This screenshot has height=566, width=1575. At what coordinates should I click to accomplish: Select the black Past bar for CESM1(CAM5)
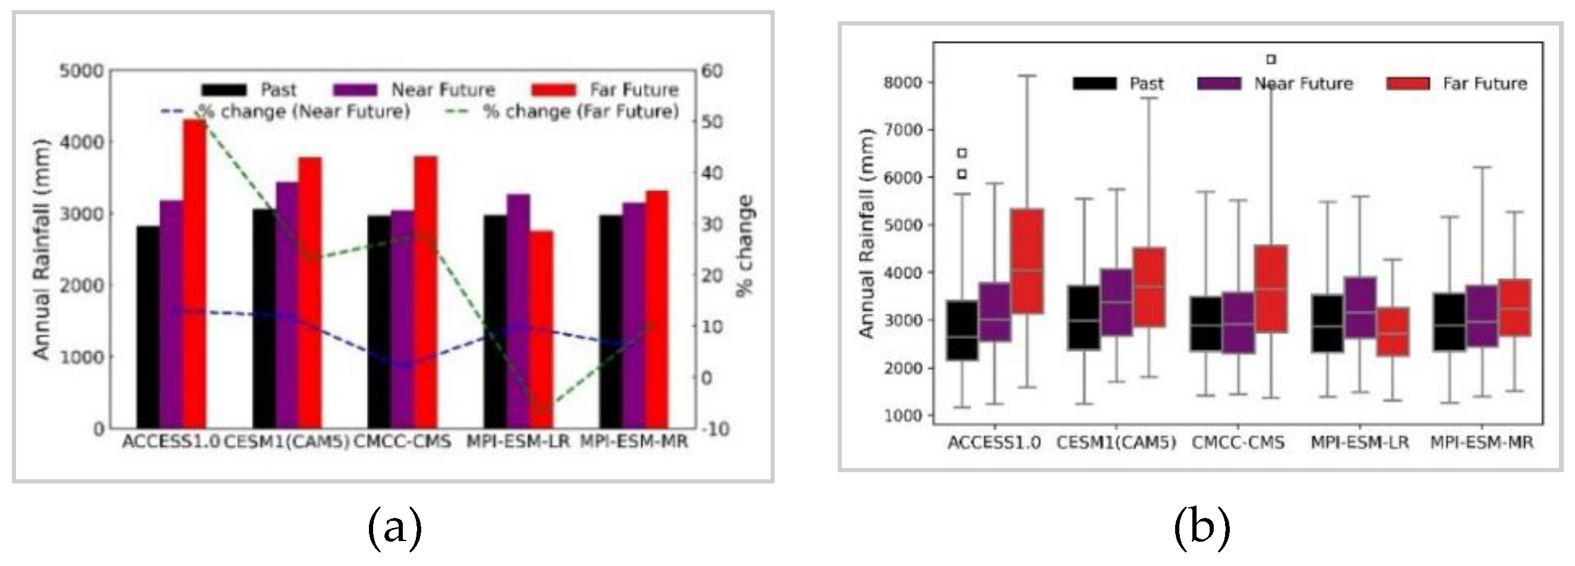264,318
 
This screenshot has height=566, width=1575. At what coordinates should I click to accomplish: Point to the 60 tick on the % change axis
711,71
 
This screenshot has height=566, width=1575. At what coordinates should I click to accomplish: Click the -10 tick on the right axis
714,429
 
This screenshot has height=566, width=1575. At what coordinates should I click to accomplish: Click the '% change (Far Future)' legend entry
581,112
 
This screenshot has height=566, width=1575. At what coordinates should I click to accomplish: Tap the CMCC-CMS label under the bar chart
402,441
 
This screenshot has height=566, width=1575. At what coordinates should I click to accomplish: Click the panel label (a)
394,527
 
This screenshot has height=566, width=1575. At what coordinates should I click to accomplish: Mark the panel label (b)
1201,527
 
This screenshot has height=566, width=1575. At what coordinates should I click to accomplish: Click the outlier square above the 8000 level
1271,59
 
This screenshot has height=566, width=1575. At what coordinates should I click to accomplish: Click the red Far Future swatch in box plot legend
1407,84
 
